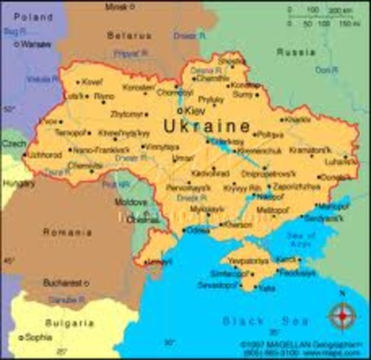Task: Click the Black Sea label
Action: pos(255,321)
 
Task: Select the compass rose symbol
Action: pos(343,316)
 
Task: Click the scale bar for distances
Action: pos(322,17)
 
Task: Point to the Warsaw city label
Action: pos(36,44)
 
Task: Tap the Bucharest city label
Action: pos(63,283)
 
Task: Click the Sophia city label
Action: pos(38,337)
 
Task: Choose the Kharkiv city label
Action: pos(298,118)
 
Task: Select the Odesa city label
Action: pos(199,230)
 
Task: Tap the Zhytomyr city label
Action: pos(125,115)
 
